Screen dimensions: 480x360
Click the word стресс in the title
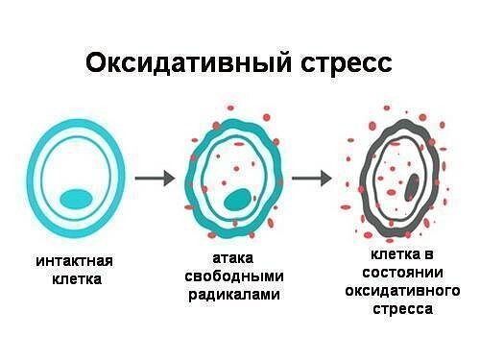tap(340, 63)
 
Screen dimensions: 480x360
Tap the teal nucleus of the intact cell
tap(77, 199)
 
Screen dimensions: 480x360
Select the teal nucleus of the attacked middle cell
tap(234, 200)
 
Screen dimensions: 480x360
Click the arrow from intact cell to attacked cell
tap(154, 178)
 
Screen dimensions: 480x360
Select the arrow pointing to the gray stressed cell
tap(312, 178)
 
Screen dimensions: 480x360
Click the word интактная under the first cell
tap(75, 261)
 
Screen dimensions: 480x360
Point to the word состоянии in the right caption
tap(402, 275)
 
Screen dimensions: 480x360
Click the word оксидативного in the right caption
tap(402, 292)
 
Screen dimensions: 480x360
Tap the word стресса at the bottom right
tap(402, 310)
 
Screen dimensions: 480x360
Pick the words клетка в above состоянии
tap(402, 256)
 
